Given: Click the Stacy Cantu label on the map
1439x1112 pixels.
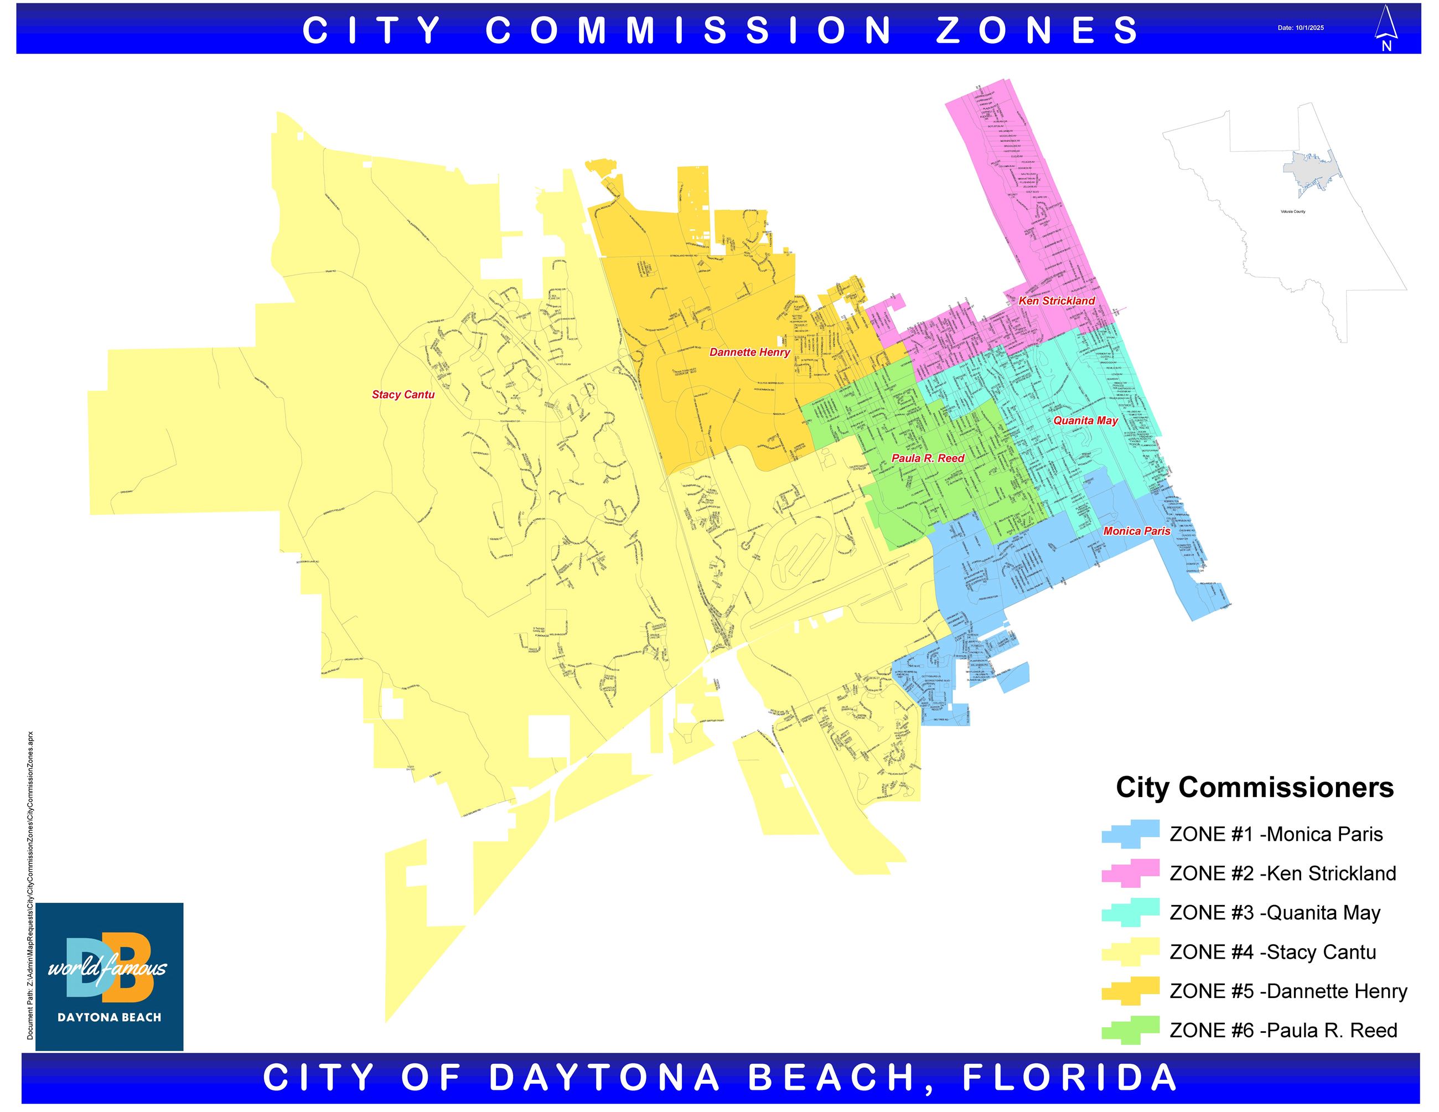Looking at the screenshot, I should point(403,395).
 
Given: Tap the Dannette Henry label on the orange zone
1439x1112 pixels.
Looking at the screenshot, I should point(749,353).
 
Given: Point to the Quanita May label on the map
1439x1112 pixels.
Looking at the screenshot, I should point(1085,420).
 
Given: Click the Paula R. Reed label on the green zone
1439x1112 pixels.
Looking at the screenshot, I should point(928,458).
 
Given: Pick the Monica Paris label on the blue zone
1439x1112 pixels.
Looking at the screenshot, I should point(1137,531).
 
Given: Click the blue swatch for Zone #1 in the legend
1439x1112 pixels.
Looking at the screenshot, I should point(1130,834).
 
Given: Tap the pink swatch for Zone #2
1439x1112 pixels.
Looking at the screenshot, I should point(1130,873).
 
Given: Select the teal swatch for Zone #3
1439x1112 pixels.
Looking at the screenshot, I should point(1130,912).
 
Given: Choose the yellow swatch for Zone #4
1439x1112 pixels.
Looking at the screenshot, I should point(1130,952).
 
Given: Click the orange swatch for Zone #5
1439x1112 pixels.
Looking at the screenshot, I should point(1130,991).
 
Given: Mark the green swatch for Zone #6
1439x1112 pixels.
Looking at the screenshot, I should point(1130,1030).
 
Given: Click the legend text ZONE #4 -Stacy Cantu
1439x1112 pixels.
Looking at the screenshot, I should point(1272,953).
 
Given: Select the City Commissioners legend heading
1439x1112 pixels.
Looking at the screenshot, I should point(1255,788).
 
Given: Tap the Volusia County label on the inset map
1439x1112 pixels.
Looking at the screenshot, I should point(1293,211).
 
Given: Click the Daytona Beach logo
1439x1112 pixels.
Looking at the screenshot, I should point(110,976).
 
